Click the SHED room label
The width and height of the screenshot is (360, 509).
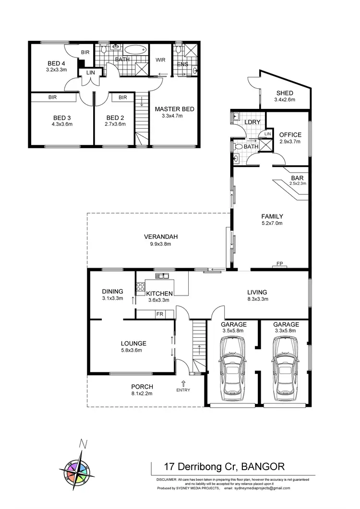coord(285,93)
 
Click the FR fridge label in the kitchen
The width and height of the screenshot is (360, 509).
coord(160,314)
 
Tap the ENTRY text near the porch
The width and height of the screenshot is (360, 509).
coord(183,390)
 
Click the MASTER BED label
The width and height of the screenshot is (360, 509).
coord(174,109)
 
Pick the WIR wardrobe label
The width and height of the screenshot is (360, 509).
coord(160,60)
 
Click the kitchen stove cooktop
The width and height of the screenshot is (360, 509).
coord(141,287)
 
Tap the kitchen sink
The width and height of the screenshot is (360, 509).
coord(163,276)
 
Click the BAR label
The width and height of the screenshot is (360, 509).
coord(298,177)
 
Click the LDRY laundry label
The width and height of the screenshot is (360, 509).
coord(252,122)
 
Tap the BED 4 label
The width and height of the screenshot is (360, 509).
coord(56,63)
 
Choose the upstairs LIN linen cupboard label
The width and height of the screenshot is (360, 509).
coord(90,72)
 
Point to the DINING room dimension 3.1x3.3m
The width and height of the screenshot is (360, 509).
coord(113,298)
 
